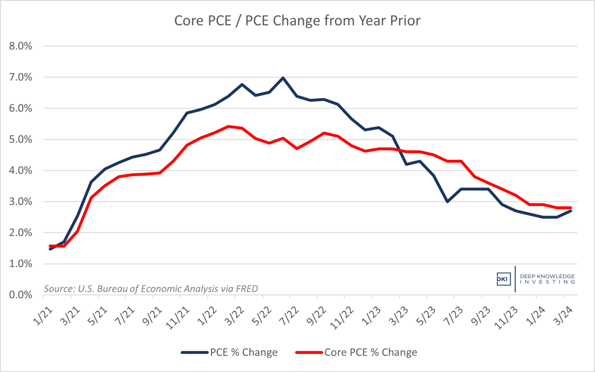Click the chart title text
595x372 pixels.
pyautogui.click(x=297, y=21)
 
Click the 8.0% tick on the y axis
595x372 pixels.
pyautogui.click(x=21, y=46)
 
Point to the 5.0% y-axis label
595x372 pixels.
pyautogui.click(x=21, y=139)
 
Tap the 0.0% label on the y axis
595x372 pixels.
pyautogui.click(x=21, y=295)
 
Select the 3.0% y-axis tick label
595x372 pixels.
pyautogui.click(x=21, y=202)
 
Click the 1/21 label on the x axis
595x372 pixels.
pyautogui.click(x=43, y=316)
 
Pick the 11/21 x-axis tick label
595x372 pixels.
pyautogui.click(x=177, y=318)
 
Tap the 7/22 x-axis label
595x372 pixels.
pyautogui.click(x=289, y=316)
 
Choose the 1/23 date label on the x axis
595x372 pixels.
pyautogui.click(x=371, y=316)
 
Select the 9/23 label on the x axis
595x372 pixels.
pyautogui.click(x=480, y=316)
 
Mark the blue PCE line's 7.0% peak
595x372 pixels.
pyautogui.click(x=283, y=78)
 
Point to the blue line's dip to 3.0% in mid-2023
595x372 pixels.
pyautogui.click(x=447, y=202)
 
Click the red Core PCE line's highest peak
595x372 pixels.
pyautogui.click(x=228, y=126)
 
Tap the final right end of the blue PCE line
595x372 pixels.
pyautogui.click(x=571, y=211)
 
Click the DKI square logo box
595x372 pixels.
pyautogui.click(x=503, y=279)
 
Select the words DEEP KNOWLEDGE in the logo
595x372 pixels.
pyautogui.click(x=547, y=276)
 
